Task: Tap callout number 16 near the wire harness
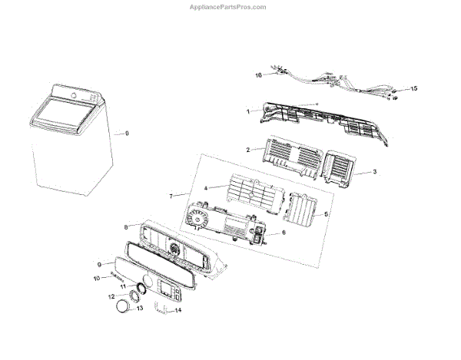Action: point(259,75)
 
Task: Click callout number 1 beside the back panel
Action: point(248,111)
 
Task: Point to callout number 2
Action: point(248,150)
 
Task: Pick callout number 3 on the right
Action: point(374,172)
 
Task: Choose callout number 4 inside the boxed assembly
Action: point(206,188)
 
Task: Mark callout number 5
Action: point(326,214)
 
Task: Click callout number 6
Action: point(284,233)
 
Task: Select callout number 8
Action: point(126,227)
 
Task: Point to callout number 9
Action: point(100,264)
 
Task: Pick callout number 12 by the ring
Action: point(111,296)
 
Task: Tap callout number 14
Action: point(178,310)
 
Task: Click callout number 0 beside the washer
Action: point(127,134)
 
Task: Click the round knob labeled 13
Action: point(123,308)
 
